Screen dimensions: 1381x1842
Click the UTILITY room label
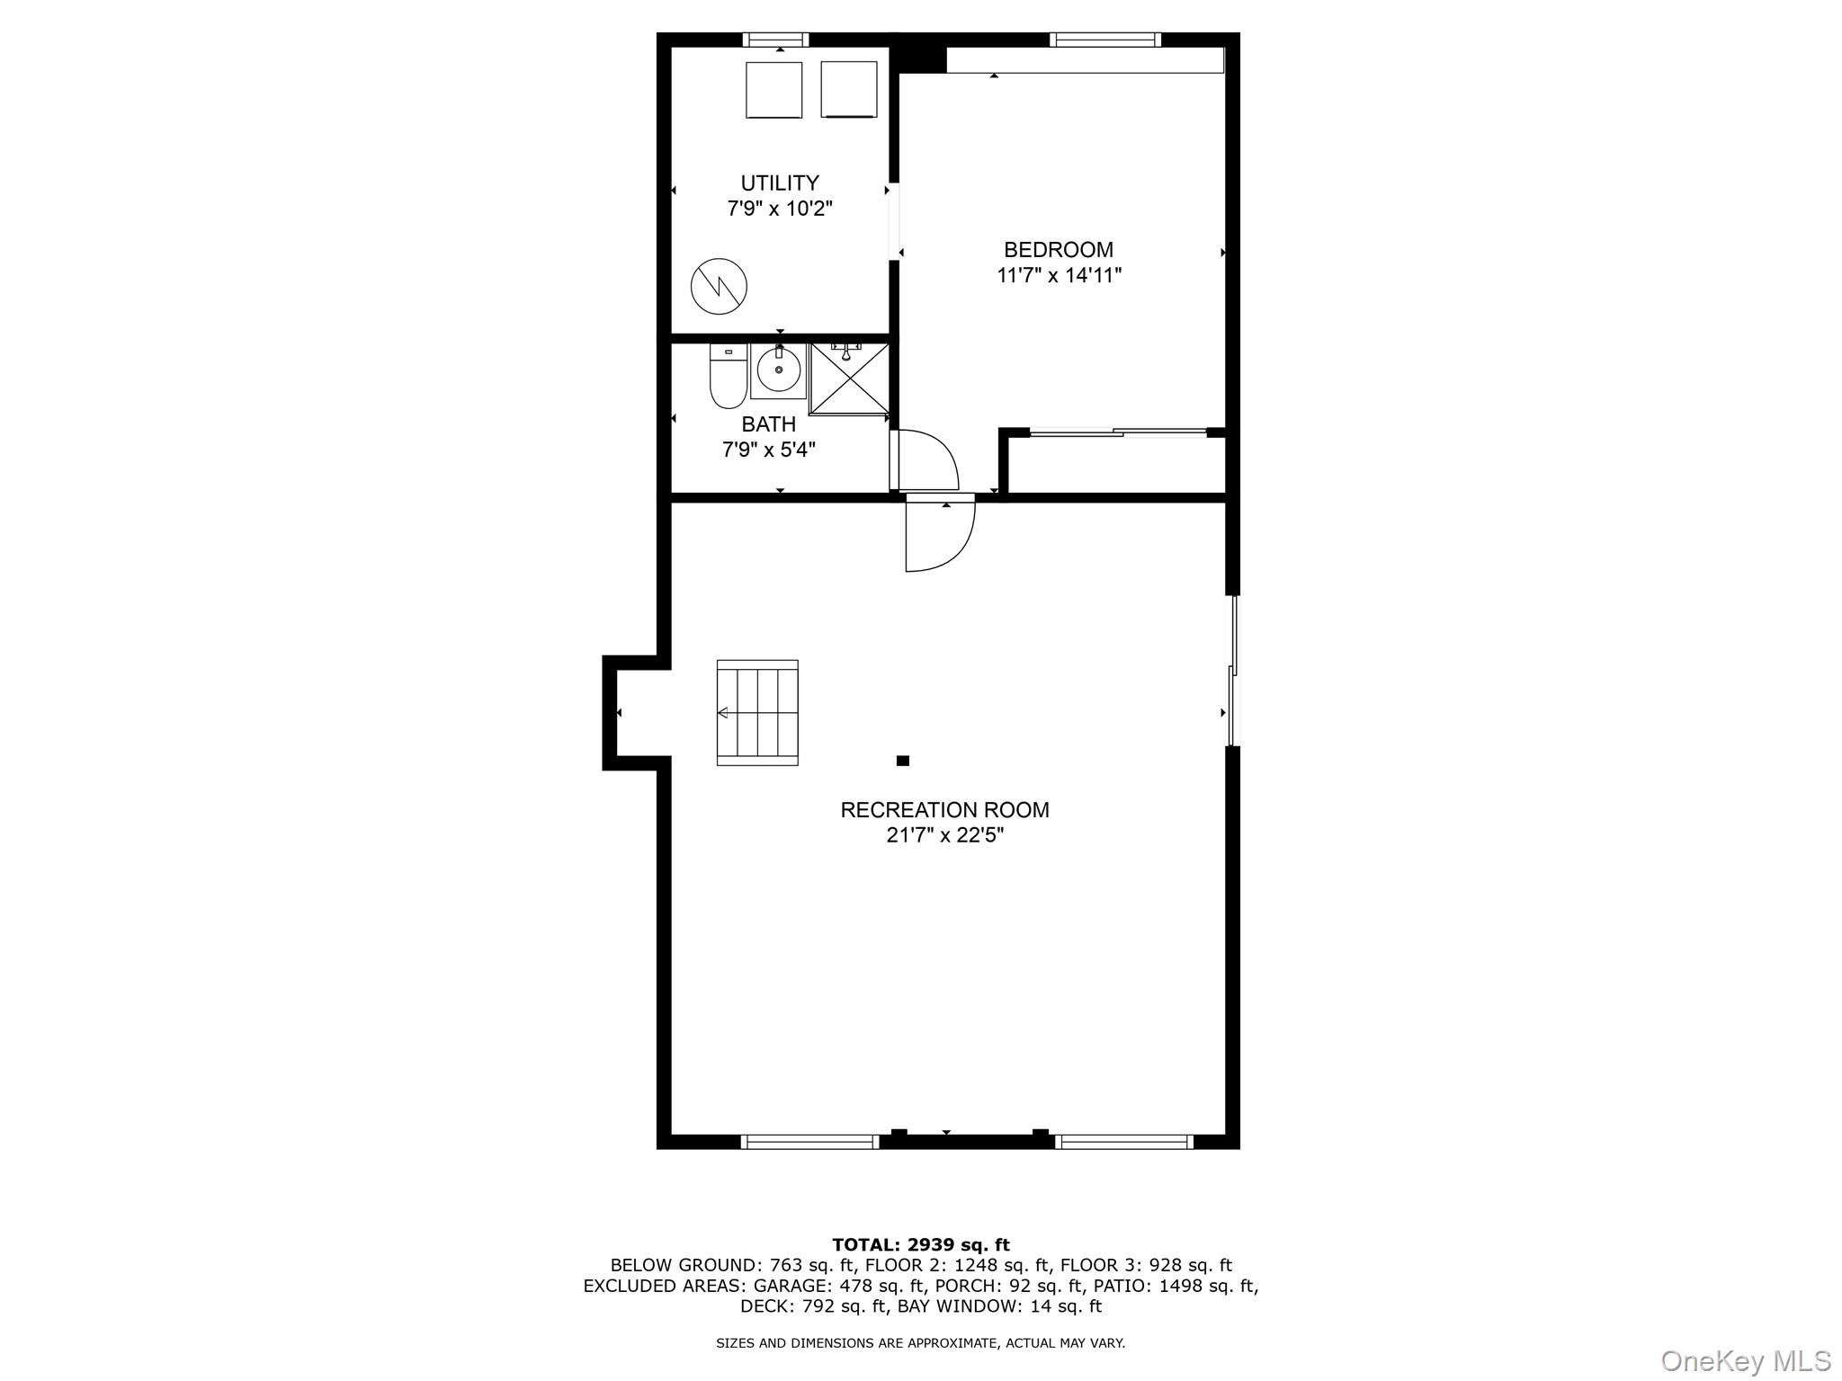[x=779, y=183]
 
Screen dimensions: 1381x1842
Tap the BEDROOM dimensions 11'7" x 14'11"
[x=1059, y=275]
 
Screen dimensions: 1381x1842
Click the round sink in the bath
[x=778, y=370]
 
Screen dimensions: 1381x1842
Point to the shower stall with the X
[x=849, y=379]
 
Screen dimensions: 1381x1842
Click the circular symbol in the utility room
[x=719, y=287]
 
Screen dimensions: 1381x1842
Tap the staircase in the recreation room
[x=757, y=713]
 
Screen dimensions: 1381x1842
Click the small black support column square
[x=903, y=761]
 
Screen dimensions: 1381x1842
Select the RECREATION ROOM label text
[x=944, y=810]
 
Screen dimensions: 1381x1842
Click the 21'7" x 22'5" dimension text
[x=944, y=835]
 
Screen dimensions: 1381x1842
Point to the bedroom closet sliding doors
[x=1117, y=433]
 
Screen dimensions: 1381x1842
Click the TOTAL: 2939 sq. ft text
[x=920, y=1245]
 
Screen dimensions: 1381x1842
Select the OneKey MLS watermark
[x=1745, y=1360]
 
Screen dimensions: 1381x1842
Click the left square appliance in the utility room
[x=773, y=90]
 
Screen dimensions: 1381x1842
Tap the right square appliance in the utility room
[x=848, y=89]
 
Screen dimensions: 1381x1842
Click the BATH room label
[x=768, y=424]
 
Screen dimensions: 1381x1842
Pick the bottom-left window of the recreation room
[x=809, y=1142]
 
